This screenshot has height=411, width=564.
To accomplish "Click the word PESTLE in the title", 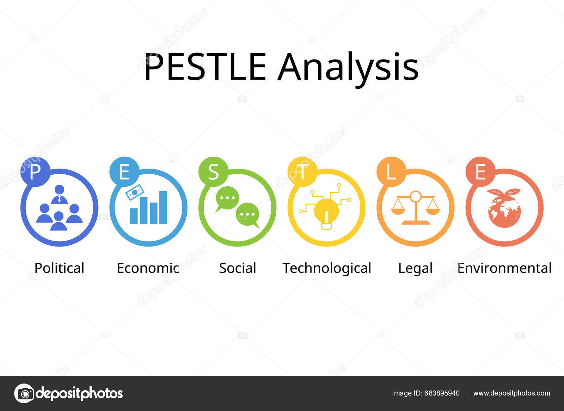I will tap(205, 67).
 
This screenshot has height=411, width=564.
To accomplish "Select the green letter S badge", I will tap(213, 172).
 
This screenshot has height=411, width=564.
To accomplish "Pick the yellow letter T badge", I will tap(302, 172).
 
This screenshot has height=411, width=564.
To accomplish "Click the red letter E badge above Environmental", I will tap(480, 172).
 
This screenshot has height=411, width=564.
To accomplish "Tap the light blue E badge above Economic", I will tap(124, 172).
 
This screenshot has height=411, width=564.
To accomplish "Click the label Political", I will tap(59, 268).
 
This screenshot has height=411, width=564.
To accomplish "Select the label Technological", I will tap(327, 268).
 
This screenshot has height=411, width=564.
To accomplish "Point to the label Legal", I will tap(415, 268).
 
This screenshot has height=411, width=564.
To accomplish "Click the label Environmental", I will tap(504, 268).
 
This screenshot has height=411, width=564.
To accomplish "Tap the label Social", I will tap(238, 268).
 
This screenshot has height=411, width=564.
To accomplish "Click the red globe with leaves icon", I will tap(504, 208).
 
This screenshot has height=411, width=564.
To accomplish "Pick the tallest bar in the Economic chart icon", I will tap(163, 207).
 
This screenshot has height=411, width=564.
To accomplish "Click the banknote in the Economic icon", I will tap(135, 193).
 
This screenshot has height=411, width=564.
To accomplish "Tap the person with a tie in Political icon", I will tap(59, 195).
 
